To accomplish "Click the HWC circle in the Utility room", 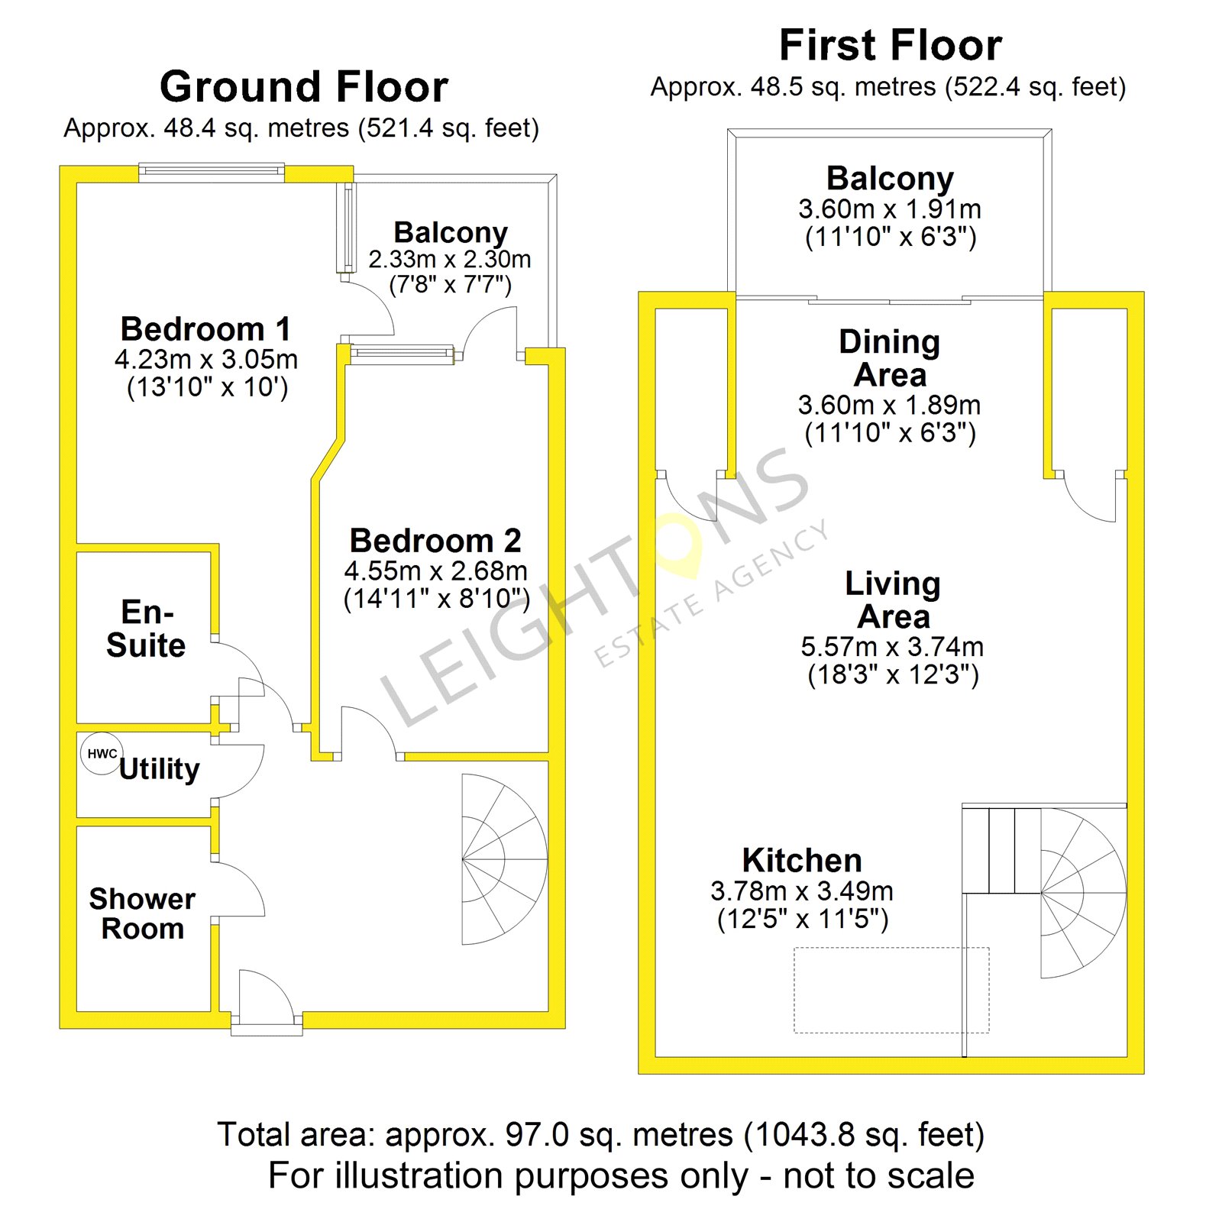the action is (102, 754).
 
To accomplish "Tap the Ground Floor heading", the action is (304, 86).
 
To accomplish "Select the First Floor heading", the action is (891, 45).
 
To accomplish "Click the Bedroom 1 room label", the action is (206, 329).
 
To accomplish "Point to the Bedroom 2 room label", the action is (435, 541).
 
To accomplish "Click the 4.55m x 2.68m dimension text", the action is (435, 571).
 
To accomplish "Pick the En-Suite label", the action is (146, 629).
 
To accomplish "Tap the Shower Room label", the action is (143, 913).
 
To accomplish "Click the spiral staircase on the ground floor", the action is (505, 859).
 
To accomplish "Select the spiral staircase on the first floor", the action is (1083, 893).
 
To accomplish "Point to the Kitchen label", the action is (802, 861).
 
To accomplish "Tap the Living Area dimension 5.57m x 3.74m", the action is (892, 647).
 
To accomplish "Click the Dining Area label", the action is (890, 358).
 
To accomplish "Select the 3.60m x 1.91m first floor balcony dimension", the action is (890, 209).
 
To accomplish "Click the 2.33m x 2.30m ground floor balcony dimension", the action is (450, 259).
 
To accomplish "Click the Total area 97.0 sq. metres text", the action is (600, 1135).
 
